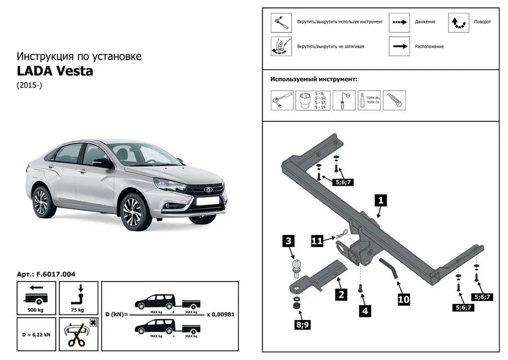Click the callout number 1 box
380,200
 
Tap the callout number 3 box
288,241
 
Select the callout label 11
317,241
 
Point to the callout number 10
403,300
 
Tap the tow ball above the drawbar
297,266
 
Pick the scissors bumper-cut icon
77,334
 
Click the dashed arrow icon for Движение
399,22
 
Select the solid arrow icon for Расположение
399,46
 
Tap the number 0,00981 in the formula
223,314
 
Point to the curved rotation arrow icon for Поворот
458,22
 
